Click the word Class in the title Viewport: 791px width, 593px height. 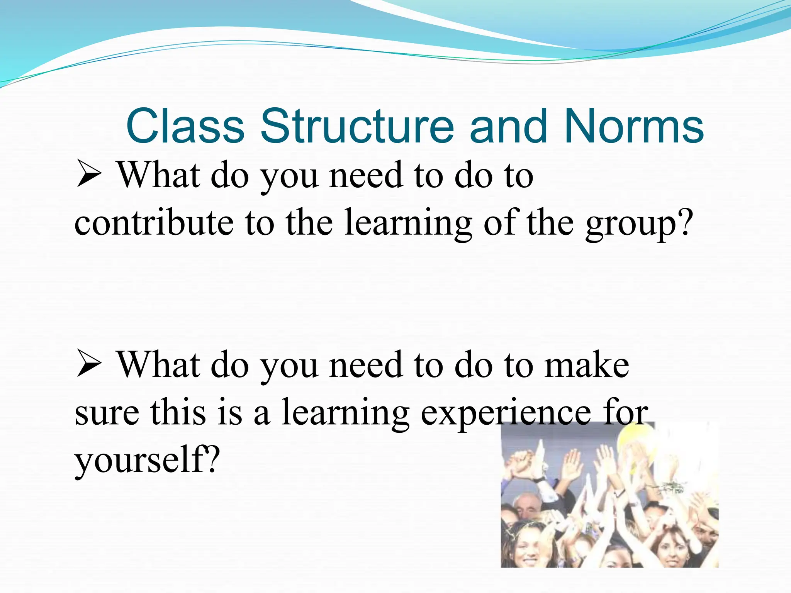click(185, 126)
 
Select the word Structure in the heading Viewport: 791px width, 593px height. click(357, 126)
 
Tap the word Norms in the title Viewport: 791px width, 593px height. click(634, 126)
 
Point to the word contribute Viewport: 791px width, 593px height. click(154, 223)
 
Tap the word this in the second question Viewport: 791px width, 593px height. click(178, 412)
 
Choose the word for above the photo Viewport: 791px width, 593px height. click(626, 412)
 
